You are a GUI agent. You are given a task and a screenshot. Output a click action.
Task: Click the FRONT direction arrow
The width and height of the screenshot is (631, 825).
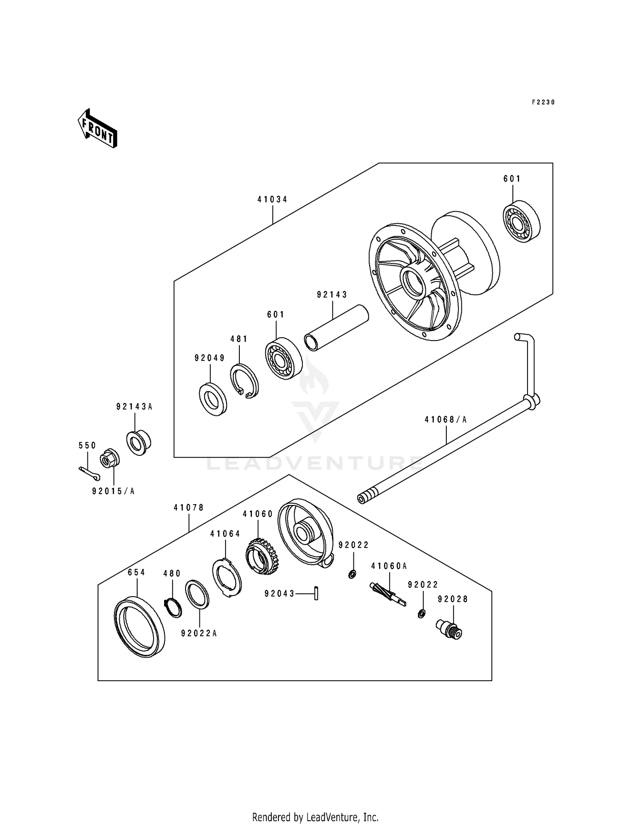click(97, 128)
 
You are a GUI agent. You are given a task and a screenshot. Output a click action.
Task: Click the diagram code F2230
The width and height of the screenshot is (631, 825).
click(543, 102)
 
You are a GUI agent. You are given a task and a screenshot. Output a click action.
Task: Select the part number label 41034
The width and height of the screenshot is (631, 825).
click(273, 200)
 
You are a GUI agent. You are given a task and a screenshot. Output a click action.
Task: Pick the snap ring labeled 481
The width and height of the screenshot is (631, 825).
click(244, 381)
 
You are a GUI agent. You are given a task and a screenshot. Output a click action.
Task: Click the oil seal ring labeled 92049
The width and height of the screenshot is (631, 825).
click(212, 399)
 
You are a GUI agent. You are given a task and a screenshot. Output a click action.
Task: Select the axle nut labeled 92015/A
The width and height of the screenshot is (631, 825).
click(110, 460)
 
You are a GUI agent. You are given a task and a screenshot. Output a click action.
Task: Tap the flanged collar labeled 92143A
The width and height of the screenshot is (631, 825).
click(138, 442)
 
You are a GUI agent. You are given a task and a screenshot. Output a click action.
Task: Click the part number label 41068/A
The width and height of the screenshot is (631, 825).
click(445, 420)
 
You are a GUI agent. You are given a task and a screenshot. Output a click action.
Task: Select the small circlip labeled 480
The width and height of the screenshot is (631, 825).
click(172, 608)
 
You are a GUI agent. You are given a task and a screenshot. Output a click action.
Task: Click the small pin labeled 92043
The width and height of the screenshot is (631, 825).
click(316, 594)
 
